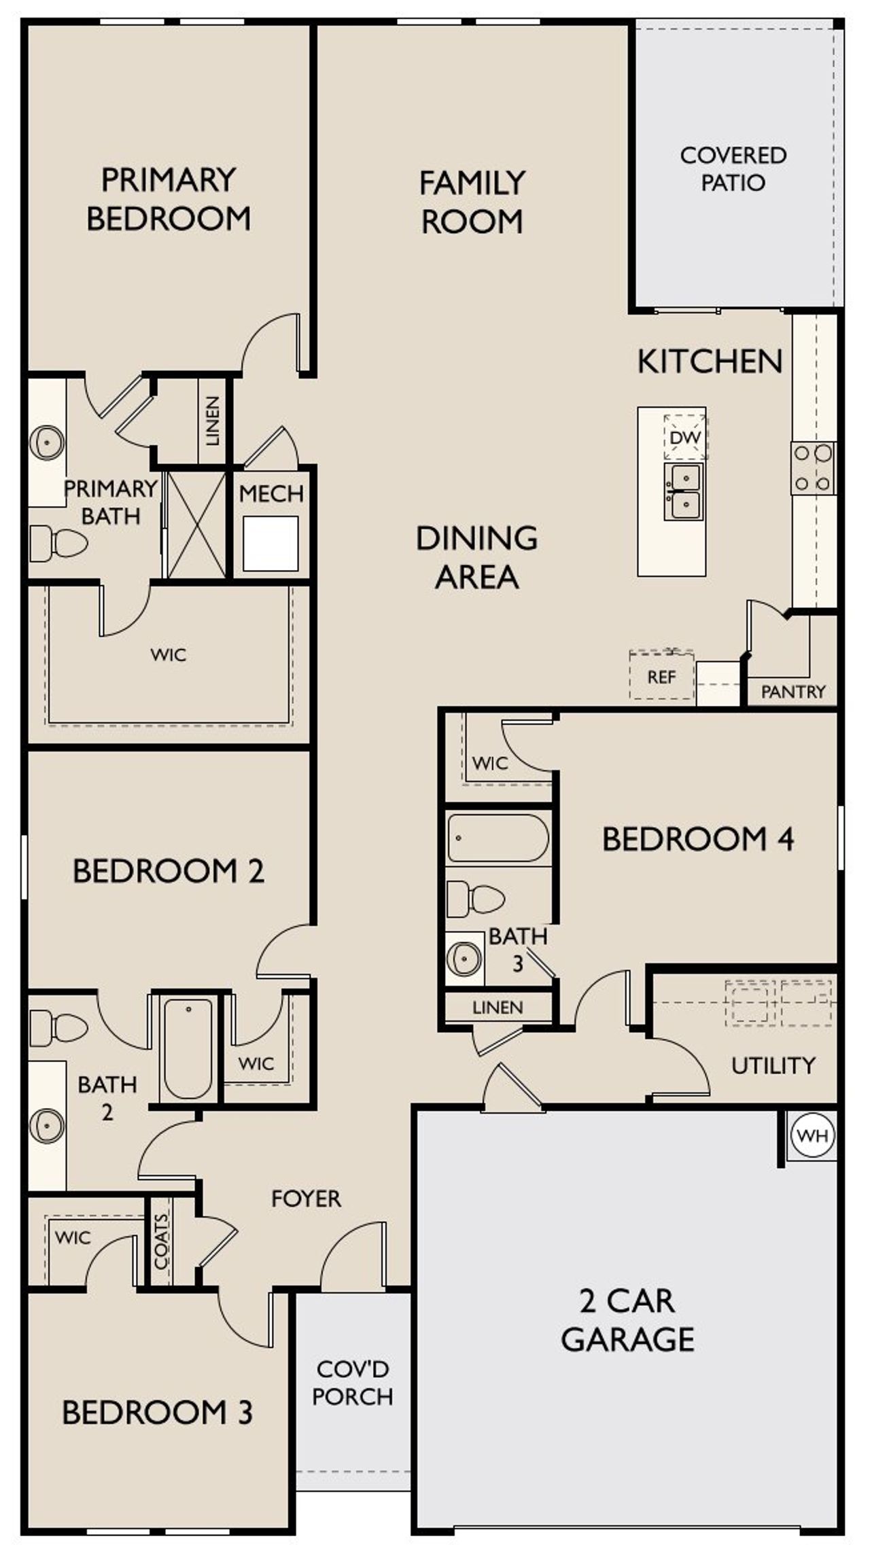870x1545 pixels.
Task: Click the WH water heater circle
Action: [813, 1135]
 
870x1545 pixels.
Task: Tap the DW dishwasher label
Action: [684, 438]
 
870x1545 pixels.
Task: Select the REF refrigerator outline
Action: [661, 676]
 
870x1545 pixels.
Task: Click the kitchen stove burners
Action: [814, 467]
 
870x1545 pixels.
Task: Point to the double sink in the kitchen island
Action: [684, 491]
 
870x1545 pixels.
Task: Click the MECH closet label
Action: [271, 493]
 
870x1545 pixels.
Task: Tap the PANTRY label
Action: [793, 692]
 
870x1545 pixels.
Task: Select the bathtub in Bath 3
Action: [498, 838]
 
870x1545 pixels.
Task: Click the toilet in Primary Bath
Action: [58, 543]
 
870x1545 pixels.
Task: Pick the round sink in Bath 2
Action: [47, 1125]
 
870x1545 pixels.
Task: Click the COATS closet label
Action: [161, 1241]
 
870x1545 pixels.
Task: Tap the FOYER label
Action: [306, 1198]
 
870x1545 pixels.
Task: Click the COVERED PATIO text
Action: [733, 168]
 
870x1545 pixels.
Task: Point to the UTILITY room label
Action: [773, 1065]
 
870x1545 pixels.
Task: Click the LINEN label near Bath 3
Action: [498, 1008]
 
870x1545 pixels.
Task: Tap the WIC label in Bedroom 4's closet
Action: [490, 763]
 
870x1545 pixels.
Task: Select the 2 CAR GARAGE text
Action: [627, 1319]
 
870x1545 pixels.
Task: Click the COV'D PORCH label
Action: [352, 1383]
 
